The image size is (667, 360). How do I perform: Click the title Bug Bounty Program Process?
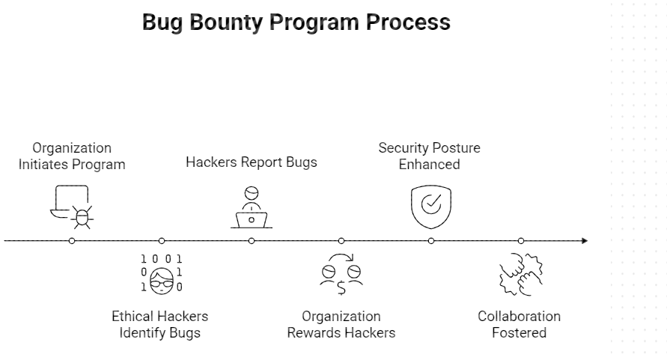coord(296,22)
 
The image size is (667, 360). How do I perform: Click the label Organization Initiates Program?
coord(72,156)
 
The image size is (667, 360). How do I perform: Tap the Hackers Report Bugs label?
coord(252,162)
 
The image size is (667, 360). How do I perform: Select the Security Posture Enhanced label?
coord(430,156)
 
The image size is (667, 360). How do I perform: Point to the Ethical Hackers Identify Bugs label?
coord(160,324)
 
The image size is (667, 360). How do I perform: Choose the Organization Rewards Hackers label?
coord(341,324)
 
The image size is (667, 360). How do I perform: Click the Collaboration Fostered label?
coord(520,324)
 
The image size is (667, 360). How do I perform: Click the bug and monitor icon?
coord(73,207)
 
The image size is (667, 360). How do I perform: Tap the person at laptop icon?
coord(252,207)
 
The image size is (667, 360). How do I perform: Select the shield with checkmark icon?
coord(431,205)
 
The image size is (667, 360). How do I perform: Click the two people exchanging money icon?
coord(341,275)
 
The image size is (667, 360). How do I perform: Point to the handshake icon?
coord(521,275)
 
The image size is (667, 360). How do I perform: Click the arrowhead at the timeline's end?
coord(585,241)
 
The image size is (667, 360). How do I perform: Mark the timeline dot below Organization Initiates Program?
coord(72,241)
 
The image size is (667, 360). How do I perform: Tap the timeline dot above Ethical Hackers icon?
coord(162,241)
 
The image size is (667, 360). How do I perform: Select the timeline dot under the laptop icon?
coord(252,241)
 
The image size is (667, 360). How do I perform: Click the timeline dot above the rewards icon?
coord(341,241)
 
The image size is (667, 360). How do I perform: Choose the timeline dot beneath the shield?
coord(431,241)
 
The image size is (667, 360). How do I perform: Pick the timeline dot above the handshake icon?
coord(521,241)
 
